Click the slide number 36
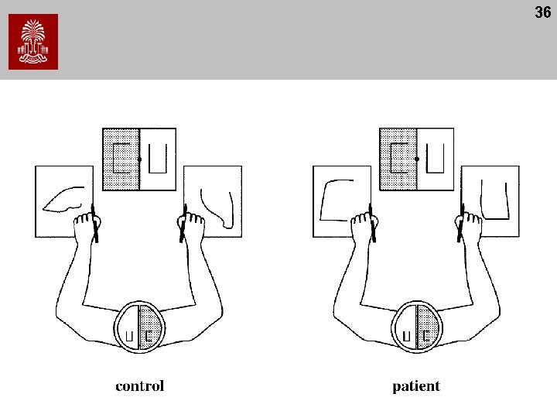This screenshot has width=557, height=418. pyautogui.click(x=542, y=12)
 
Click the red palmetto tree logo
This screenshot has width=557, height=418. pyautogui.click(x=33, y=42)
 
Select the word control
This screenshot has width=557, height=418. pyautogui.click(x=139, y=385)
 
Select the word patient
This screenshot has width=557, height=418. pyautogui.click(x=416, y=385)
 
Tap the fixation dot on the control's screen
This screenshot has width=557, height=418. pyautogui.click(x=139, y=159)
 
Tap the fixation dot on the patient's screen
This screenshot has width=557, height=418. pyautogui.click(x=417, y=159)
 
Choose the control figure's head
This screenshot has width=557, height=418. pyautogui.click(x=139, y=329)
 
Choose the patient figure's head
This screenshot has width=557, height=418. pyautogui.click(x=416, y=329)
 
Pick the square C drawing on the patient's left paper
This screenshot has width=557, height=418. pyautogui.click(x=337, y=200)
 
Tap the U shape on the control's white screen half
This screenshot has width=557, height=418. pyautogui.click(x=158, y=158)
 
